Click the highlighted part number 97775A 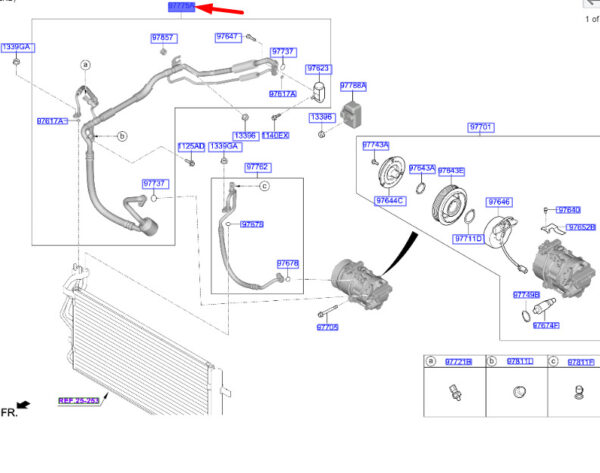[x=181, y=7]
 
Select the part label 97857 [x=163, y=38]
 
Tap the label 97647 [x=227, y=37]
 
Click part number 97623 [x=318, y=69]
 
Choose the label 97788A [x=353, y=86]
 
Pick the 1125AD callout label [x=191, y=147]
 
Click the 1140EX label [x=275, y=135]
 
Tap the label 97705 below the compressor [x=328, y=327]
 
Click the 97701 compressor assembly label [x=480, y=128]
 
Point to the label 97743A [x=376, y=145]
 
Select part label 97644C [x=390, y=201]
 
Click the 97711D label [x=468, y=239]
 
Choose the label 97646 [x=499, y=202]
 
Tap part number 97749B [x=526, y=295]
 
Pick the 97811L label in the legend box [x=519, y=361]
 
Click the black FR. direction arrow [x=24, y=405]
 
